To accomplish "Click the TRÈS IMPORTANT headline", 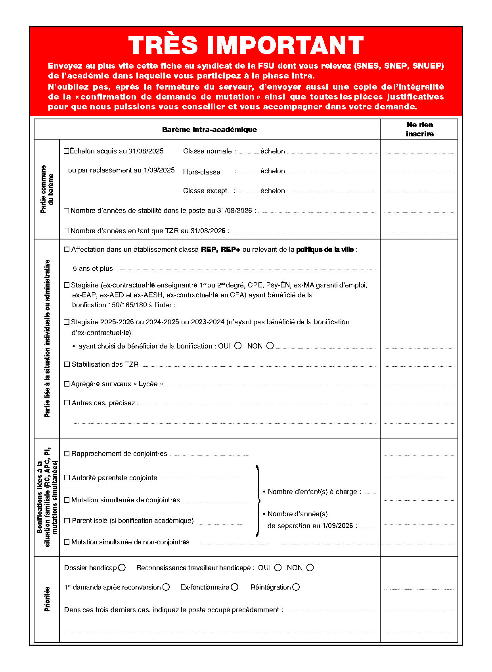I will pyautogui.click(x=246, y=45).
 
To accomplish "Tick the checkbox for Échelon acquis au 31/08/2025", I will pyautogui.click(x=66, y=151).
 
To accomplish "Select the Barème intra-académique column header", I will pyautogui.click(x=209, y=130).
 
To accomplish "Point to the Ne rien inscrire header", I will pyautogui.click(x=419, y=129).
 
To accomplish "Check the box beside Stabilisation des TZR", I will pyautogui.click(x=67, y=364).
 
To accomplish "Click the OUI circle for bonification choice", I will pyautogui.click(x=238, y=346).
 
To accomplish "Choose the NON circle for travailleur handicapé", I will pyautogui.click(x=310, y=568).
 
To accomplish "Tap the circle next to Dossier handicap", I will pyautogui.click(x=122, y=568).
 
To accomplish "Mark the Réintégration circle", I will pyautogui.click(x=296, y=587).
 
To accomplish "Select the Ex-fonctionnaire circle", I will pyautogui.click(x=235, y=587).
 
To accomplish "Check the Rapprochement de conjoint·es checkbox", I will pyautogui.click(x=67, y=454).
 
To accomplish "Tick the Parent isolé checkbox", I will pyautogui.click(x=67, y=521).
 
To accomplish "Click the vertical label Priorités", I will pyautogui.click(x=47, y=599).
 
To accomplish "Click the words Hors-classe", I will pyautogui.click(x=201, y=172).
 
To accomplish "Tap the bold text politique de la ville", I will pyautogui.click(x=325, y=250).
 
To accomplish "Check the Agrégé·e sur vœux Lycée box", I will pyautogui.click(x=67, y=384).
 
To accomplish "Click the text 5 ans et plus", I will pyautogui.click(x=93, y=269).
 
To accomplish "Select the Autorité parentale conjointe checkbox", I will pyautogui.click(x=67, y=478).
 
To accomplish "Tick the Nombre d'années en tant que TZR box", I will pyautogui.click(x=67, y=231).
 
